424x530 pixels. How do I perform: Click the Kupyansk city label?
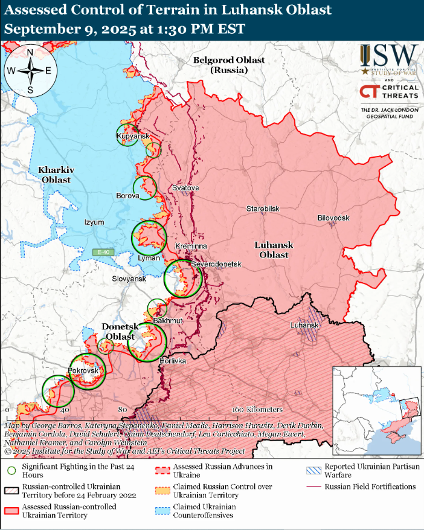[133, 137]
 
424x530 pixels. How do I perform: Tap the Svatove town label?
[185, 188]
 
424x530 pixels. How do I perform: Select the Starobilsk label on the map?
[263, 208]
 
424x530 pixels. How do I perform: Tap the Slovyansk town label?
[129, 279]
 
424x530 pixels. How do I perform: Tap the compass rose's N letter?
[30, 51]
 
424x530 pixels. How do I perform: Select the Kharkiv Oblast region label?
[56, 175]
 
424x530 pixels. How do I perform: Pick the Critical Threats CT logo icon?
[368, 91]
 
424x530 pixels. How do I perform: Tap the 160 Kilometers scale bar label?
[256, 410]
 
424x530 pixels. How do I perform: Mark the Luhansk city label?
[303, 325]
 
